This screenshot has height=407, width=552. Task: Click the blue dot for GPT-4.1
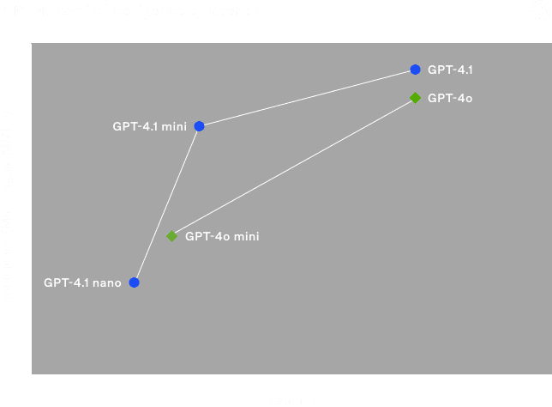[415, 70]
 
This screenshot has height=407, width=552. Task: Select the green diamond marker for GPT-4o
[415, 98]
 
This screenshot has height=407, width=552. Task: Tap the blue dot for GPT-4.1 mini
[199, 126]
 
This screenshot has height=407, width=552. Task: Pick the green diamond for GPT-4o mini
[171, 235]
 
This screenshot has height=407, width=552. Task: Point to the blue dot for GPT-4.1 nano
[134, 282]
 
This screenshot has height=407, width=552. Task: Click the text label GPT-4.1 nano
[82, 282]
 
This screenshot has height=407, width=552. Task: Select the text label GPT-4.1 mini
[149, 126]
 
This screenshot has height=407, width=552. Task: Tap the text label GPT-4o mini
[222, 236]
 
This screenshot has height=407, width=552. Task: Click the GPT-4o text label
[450, 98]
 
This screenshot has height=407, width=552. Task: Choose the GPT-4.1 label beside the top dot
[450, 70]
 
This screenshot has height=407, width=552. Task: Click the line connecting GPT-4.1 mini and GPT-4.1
[307, 98]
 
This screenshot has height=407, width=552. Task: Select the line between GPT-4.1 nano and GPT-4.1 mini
[166, 204]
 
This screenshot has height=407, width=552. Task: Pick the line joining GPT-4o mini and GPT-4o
[293, 167]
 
